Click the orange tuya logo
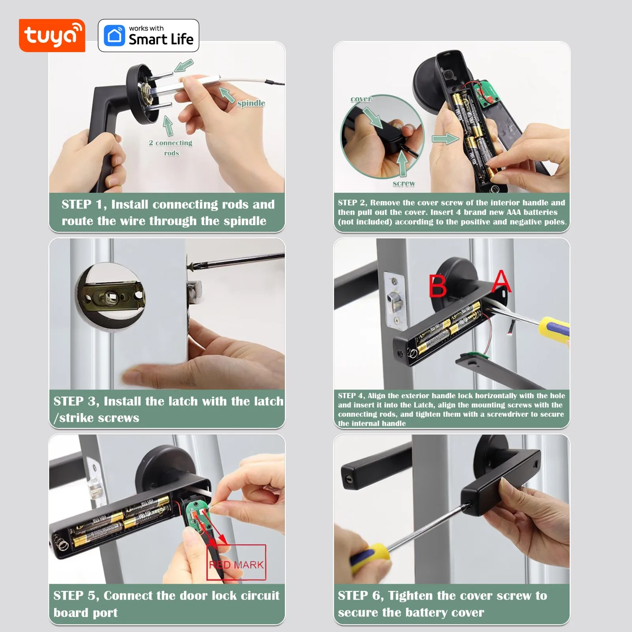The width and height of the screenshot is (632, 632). pos(52,36)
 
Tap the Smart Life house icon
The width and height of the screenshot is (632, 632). pos(114,36)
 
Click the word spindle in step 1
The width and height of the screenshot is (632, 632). pos(251,103)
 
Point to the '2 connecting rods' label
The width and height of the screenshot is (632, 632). pos(171,148)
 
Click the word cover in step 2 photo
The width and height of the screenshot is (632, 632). pos(361,99)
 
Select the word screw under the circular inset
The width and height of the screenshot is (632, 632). pos(404,183)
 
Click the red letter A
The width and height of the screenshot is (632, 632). pos(501,281)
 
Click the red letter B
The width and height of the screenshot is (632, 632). pos(438,286)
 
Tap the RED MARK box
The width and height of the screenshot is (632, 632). pos(236,562)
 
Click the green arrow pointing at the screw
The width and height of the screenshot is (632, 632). pos(402,164)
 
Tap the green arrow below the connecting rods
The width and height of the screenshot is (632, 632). pos(168,126)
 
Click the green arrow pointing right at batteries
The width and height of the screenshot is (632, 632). pos(445,139)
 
